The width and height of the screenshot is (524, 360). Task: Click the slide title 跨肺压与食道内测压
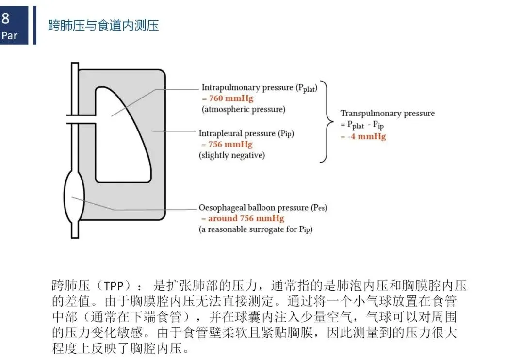(x=103, y=26)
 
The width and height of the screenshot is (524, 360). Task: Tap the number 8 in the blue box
(x=5, y=19)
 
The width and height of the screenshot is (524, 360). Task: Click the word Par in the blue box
(x=9, y=35)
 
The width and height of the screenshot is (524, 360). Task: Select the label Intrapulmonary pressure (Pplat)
(x=259, y=88)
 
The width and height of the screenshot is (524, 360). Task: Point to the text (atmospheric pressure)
(x=244, y=109)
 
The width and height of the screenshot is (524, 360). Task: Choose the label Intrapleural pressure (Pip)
(x=246, y=133)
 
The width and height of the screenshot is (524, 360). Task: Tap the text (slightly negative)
(x=232, y=155)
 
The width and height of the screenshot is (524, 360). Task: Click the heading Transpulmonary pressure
(x=387, y=114)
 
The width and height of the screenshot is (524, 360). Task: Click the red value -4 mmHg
(x=366, y=136)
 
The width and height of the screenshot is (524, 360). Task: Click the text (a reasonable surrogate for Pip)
(x=256, y=229)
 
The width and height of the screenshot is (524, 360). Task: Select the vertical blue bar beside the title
(x=35, y=25)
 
